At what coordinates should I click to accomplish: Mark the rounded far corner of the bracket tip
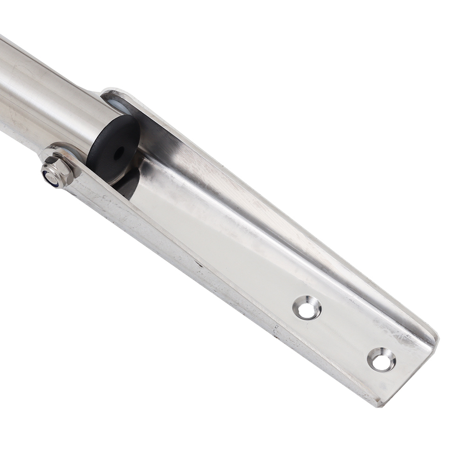click(x=433, y=333)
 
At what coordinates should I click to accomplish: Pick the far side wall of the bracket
click(x=280, y=196)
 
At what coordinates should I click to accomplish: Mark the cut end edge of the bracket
click(x=410, y=373)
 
